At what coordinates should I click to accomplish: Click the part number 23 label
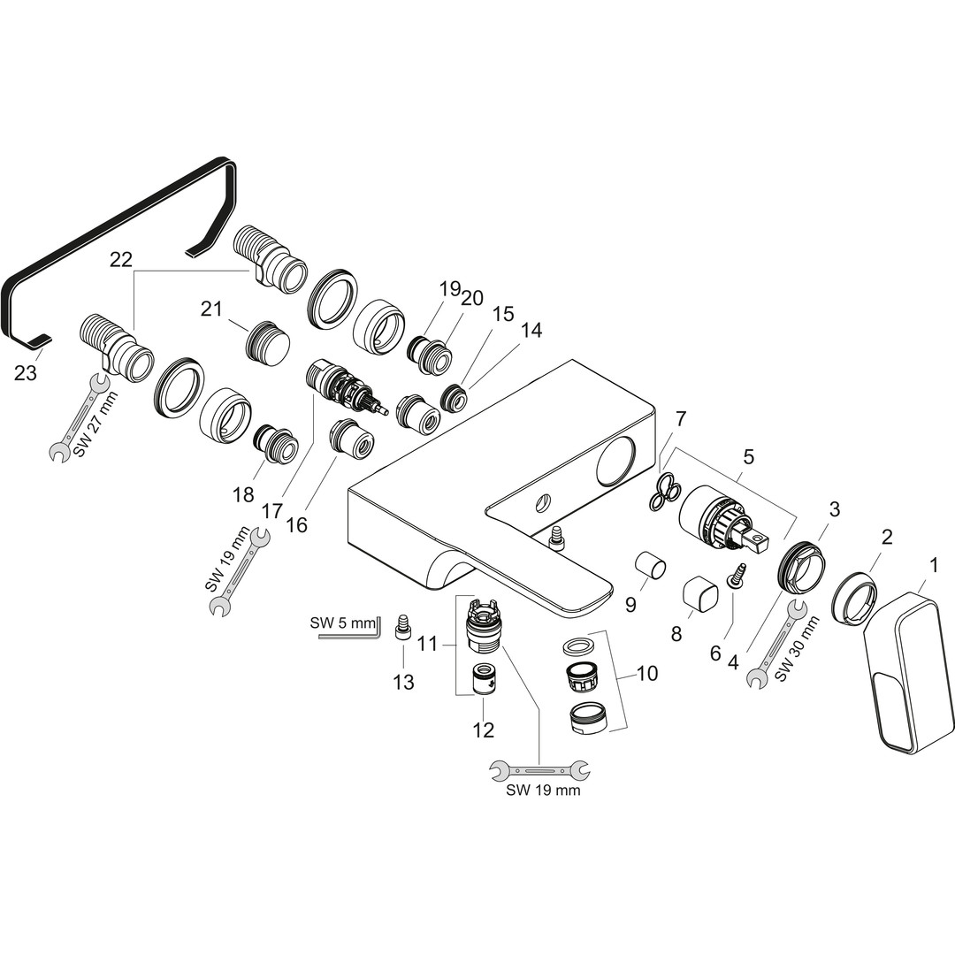tap(26, 372)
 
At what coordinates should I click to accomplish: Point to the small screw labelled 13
tap(402, 626)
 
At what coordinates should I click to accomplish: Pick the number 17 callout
tap(273, 510)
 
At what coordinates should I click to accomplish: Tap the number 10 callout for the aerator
tap(646, 673)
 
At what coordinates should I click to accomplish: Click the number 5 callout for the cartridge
tap(749, 456)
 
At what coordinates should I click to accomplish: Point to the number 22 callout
tap(121, 259)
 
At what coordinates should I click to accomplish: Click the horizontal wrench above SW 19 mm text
tap(539, 771)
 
